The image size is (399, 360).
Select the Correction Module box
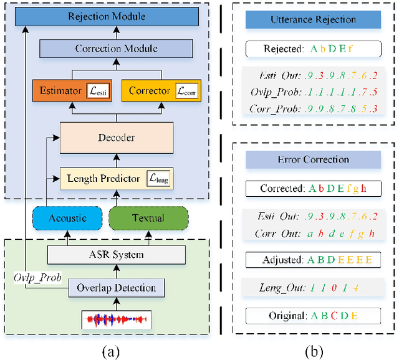tap(116, 49)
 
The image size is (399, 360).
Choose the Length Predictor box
tap(116, 179)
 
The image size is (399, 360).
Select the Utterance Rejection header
tap(313, 19)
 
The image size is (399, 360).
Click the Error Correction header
tap(313, 159)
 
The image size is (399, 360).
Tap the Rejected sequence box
tap(313, 49)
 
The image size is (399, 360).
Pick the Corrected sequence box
tap(313, 188)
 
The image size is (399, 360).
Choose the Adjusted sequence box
tap(313, 260)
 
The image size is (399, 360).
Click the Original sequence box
tap(313, 316)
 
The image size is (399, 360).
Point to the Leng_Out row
tap(313, 288)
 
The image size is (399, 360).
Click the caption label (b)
tap(313, 351)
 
